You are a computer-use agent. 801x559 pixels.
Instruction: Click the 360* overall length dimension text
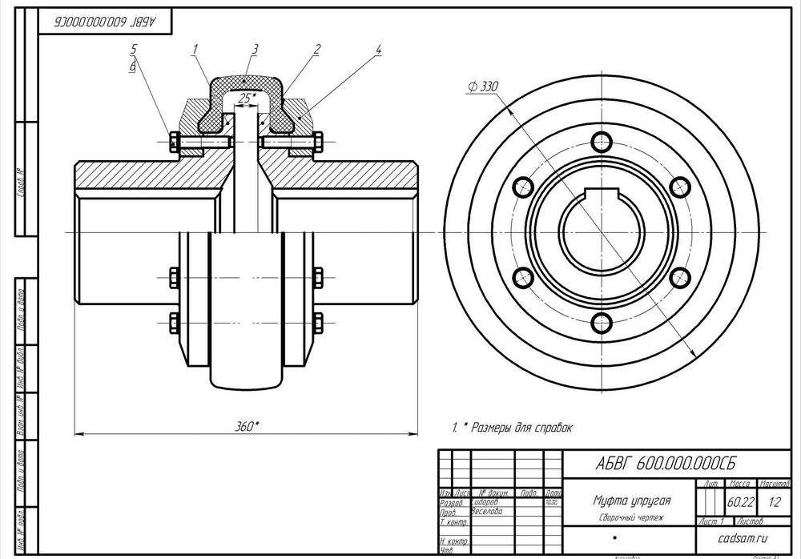[x=247, y=426]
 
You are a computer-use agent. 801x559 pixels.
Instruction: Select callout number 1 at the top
[x=195, y=50]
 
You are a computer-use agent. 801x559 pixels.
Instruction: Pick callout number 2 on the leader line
[x=317, y=50]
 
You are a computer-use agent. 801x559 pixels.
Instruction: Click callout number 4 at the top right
[x=377, y=50]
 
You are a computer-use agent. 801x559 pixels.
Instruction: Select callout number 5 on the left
[x=134, y=50]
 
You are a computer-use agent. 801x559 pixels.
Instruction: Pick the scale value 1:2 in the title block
[x=774, y=504]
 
